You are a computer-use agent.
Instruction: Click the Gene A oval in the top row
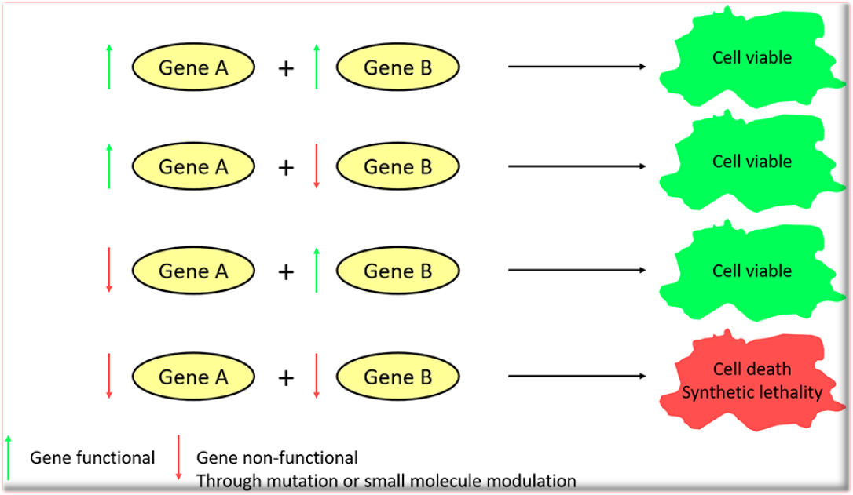coord(193,67)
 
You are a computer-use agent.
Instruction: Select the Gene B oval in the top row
coord(397,67)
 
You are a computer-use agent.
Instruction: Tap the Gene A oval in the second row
coord(193,167)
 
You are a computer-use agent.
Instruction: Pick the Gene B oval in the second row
coord(397,167)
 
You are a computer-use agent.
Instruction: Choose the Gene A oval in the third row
coord(193,271)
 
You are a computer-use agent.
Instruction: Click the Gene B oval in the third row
coord(397,271)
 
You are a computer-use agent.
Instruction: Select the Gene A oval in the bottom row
coord(193,377)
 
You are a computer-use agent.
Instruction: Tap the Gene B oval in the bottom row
coord(397,377)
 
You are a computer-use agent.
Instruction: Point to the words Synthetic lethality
coord(752,392)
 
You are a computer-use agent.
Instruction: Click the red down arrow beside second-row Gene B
coord(317,166)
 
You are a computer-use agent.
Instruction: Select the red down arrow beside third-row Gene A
coord(109,271)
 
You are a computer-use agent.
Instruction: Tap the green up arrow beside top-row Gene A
coord(109,67)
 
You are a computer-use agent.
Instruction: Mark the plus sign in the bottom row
coord(286,378)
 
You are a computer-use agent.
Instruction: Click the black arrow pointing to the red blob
coord(577,377)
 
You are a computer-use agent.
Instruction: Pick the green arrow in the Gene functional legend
coord(9,457)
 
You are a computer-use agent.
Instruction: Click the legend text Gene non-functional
coord(276,457)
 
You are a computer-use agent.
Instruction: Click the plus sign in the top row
coord(286,68)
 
